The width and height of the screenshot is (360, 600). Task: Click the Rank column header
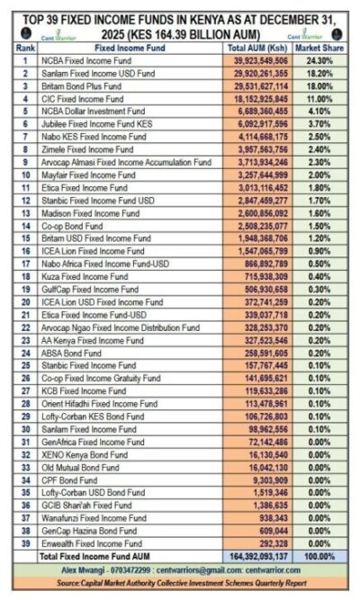point(25,46)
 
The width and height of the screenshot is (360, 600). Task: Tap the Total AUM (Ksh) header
point(259,46)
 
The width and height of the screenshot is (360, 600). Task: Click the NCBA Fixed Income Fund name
point(89,60)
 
